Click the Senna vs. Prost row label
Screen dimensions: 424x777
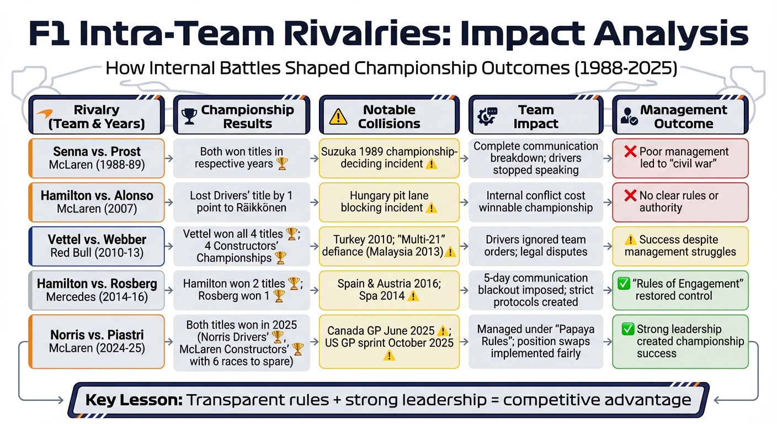coord(97,158)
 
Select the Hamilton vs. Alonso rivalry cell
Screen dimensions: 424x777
coord(97,202)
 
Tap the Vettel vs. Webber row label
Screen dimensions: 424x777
coord(97,246)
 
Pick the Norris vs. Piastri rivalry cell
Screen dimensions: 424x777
coord(97,341)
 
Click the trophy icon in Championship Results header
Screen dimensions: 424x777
coord(189,116)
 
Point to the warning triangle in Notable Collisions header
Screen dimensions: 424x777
coord(338,116)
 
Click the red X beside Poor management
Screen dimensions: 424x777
coord(630,152)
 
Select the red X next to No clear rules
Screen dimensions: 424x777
coord(630,196)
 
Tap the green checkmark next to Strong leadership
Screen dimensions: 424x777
coord(627,330)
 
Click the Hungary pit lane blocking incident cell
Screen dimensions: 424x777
coord(389,202)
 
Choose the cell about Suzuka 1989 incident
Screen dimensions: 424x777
coord(389,158)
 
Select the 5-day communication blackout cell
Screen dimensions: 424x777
coord(535,290)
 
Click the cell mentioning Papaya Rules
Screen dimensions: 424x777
coord(535,341)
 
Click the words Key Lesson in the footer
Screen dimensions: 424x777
coord(133,400)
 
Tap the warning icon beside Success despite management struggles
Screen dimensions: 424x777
coord(630,240)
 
